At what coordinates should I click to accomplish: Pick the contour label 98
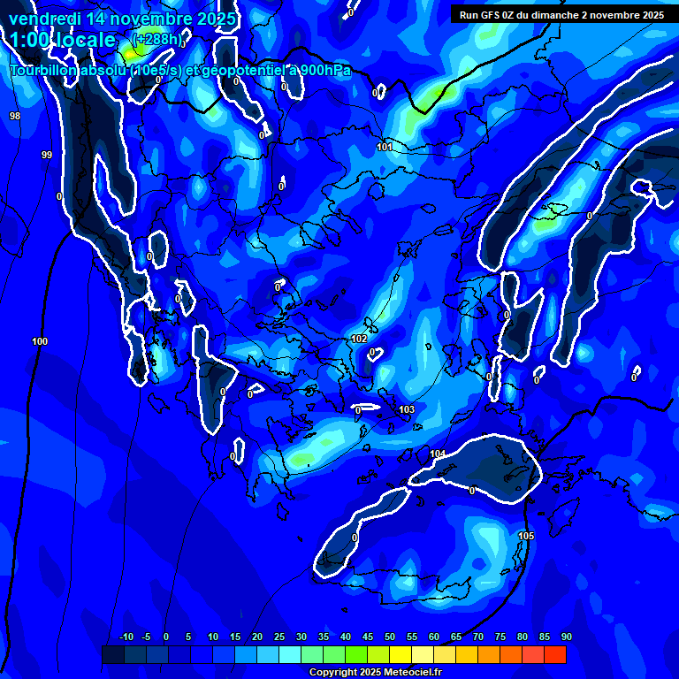15,116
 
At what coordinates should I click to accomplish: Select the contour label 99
47,155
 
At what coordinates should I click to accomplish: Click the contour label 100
40,341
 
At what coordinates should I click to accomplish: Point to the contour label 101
385,147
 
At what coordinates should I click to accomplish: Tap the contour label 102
359,339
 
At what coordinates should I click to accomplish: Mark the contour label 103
407,409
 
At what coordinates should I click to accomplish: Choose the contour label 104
438,454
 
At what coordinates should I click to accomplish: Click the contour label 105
526,536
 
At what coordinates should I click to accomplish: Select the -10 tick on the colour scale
126,637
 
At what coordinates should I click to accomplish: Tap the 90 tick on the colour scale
566,637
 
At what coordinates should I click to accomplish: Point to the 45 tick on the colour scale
367,637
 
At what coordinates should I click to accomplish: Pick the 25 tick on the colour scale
279,637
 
